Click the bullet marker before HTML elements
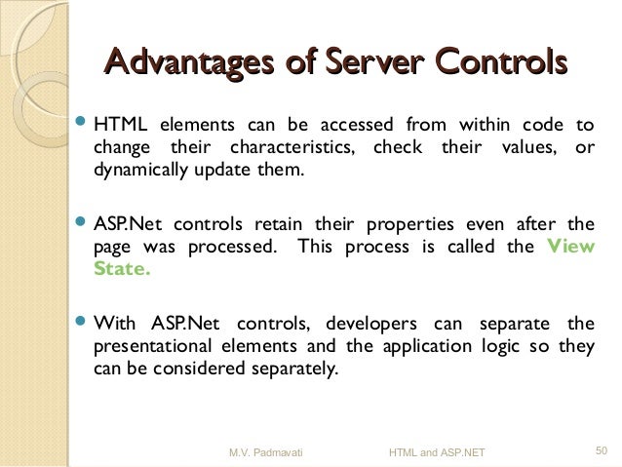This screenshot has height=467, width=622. [x=81, y=125]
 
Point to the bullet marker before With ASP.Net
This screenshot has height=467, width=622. [x=81, y=323]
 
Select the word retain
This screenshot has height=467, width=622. [x=292, y=224]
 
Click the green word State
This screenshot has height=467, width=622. [x=122, y=270]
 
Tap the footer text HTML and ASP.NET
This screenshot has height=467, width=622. [x=437, y=451]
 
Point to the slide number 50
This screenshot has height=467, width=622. [x=601, y=450]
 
